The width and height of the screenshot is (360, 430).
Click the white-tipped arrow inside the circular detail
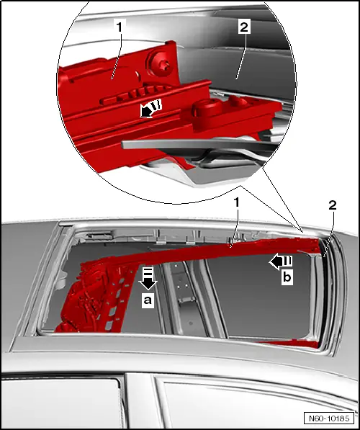point(150,109)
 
